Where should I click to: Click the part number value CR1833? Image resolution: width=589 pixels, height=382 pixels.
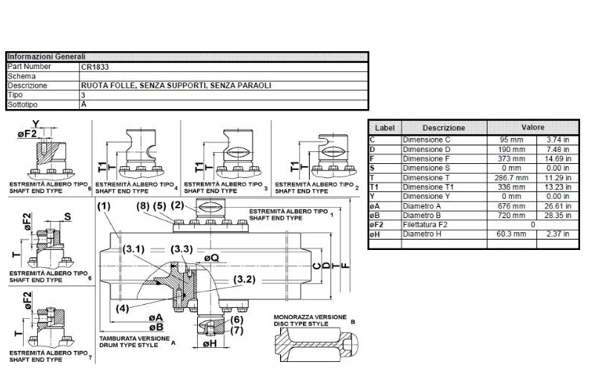click(x=95, y=66)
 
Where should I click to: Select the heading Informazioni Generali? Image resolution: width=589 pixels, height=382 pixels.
click(x=46, y=56)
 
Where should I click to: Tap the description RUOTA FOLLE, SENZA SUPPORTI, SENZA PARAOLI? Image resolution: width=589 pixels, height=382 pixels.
click(x=176, y=85)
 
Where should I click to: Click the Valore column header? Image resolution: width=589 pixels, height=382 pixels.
click(x=532, y=128)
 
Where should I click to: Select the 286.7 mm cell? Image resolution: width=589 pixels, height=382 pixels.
click(x=507, y=177)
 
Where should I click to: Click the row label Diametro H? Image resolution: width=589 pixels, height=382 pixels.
click(x=422, y=234)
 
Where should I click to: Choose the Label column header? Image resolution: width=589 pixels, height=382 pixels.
click(x=385, y=128)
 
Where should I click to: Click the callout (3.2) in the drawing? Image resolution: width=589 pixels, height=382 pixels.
click(x=247, y=279)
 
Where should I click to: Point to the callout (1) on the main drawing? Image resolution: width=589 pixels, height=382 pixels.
click(x=104, y=205)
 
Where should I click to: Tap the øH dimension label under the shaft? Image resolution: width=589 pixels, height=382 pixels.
click(x=210, y=343)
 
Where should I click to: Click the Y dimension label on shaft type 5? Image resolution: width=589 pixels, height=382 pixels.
click(x=36, y=124)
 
